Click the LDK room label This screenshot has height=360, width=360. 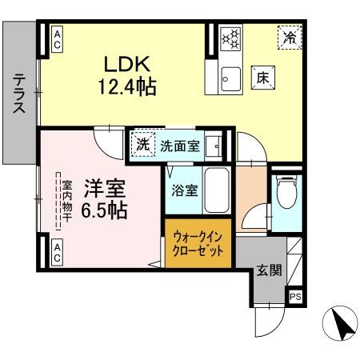(122, 64)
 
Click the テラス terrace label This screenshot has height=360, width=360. (18, 95)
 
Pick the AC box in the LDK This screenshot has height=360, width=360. (58, 40)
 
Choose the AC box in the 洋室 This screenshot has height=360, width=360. (58, 254)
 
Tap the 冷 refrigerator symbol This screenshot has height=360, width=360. (290, 36)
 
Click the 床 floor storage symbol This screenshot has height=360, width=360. (263, 77)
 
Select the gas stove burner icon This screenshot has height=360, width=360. (230, 38)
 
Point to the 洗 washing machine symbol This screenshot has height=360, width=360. (142, 146)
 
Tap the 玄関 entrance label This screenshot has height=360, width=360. (269, 270)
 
